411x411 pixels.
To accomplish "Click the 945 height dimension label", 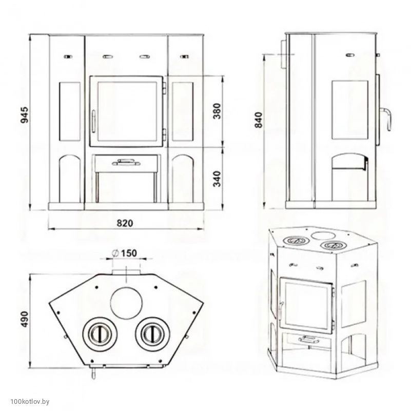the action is click(x=25, y=115).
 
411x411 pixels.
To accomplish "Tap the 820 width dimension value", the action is click(x=125, y=223).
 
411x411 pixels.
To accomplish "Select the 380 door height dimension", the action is click(x=217, y=111).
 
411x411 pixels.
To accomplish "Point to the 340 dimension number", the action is click(x=217, y=179).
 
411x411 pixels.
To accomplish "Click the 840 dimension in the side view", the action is click(x=259, y=120).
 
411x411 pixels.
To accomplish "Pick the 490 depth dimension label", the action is click(x=25, y=319).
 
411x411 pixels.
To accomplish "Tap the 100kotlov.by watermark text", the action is click(x=30, y=401).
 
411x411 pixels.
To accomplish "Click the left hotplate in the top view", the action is click(x=100, y=334).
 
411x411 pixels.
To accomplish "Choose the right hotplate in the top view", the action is click(x=152, y=334).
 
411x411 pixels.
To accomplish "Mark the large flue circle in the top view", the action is click(x=127, y=303).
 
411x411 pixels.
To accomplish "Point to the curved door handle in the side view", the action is click(x=386, y=119).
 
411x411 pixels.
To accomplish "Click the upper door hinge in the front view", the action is click(x=164, y=88).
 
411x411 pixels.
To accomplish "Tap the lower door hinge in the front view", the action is click(x=164, y=135).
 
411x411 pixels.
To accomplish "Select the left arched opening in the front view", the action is click(x=70, y=179).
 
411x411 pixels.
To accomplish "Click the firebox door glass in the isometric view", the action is click(x=306, y=305).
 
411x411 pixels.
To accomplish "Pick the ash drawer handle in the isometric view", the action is click(x=308, y=340).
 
